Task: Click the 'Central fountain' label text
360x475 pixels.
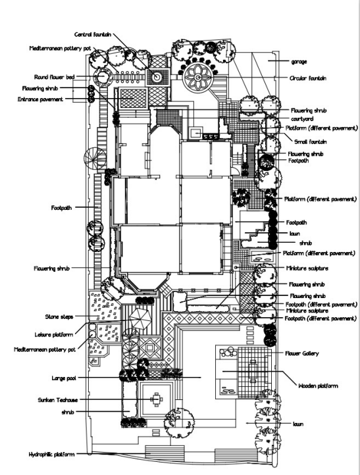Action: (92, 34)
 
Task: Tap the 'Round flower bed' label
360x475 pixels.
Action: (54, 77)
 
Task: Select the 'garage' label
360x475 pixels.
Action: (299, 62)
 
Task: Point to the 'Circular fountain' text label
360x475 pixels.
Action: (308, 78)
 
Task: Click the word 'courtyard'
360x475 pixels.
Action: (302, 119)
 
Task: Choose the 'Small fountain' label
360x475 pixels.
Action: (310, 141)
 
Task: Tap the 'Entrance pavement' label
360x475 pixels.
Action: (40, 99)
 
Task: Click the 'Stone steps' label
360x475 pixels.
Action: (59, 317)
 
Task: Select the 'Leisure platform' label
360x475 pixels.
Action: (53, 335)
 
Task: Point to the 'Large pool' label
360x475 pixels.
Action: (64, 378)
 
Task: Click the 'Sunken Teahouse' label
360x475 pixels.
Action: (57, 400)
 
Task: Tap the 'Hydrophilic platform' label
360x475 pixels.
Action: (51, 455)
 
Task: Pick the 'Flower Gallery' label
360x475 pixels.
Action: (302, 353)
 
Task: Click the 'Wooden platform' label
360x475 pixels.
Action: (318, 386)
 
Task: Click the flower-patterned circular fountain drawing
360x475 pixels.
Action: (197, 78)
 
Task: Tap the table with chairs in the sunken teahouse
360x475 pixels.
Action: (157, 400)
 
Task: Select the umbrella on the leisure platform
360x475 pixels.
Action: (140, 319)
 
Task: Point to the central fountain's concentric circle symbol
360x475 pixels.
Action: (157, 77)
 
